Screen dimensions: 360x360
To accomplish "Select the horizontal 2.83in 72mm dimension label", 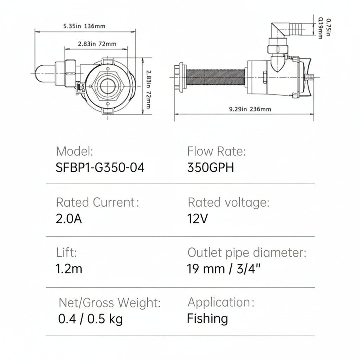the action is coord(97,44).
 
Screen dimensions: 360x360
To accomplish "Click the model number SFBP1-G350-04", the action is coord(100,168).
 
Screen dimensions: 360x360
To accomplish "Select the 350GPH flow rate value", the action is coord(211,168).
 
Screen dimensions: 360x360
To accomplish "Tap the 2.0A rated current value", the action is coord(69,219).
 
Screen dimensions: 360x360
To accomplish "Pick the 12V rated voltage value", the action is coord(198,219).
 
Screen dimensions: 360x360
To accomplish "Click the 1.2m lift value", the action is coord(69,269).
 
